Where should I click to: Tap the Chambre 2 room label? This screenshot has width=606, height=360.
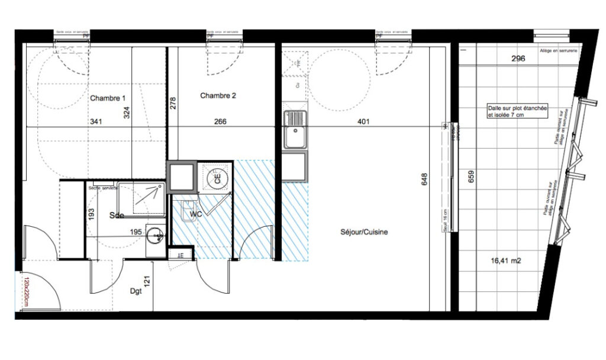pos(218,95)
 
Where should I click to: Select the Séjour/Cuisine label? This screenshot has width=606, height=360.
pos(364,233)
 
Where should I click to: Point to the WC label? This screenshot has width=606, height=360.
pos(196,214)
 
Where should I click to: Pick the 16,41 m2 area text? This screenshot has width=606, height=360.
pos(505,260)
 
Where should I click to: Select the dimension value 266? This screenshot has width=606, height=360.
pos(220,122)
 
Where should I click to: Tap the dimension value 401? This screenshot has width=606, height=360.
pos(364,122)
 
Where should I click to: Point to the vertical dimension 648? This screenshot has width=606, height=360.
pos(424,179)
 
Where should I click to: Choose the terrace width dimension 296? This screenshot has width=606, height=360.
pos(518,59)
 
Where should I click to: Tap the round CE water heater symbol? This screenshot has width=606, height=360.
pos(216,176)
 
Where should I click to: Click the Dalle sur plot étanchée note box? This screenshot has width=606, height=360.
pos(516,112)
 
